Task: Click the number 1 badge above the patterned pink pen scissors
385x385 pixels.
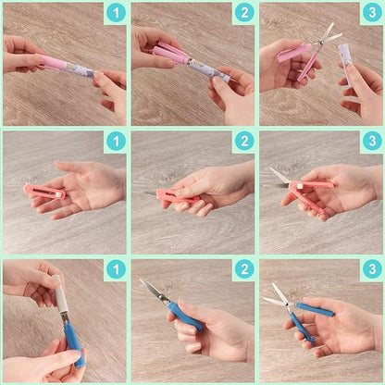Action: [115, 13]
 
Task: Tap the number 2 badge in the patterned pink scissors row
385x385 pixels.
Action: [243, 13]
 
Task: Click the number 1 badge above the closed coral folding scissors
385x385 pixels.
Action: [115, 142]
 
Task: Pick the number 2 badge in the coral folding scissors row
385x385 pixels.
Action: [243, 142]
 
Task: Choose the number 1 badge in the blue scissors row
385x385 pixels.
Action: [115, 269]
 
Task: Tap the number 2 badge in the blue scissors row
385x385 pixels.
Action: [243, 269]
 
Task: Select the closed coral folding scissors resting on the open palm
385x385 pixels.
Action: [47, 192]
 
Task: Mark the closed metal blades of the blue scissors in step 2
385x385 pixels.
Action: [153, 291]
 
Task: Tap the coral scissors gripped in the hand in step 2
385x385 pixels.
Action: [176, 196]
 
